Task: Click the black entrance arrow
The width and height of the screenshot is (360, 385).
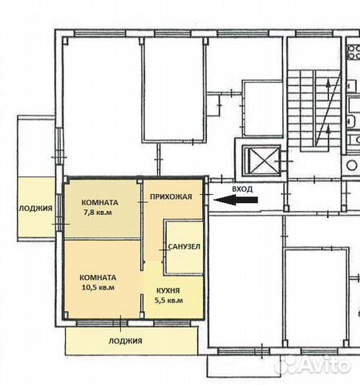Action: click(236, 200)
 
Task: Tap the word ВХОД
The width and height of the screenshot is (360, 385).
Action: click(242, 189)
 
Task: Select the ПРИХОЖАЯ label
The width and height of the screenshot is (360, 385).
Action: click(171, 197)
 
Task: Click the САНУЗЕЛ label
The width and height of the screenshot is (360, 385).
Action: click(184, 246)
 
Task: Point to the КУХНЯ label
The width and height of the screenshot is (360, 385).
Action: click(168, 290)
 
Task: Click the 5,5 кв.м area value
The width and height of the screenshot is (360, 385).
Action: click(168, 300)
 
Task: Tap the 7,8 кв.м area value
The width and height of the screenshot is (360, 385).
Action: click(98, 213)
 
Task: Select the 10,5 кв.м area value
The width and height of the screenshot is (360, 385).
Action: click(98, 287)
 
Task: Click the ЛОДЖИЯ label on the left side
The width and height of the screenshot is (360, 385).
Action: click(35, 209)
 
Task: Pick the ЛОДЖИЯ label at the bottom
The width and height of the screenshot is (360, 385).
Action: click(125, 341)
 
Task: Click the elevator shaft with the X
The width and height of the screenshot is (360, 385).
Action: click(261, 160)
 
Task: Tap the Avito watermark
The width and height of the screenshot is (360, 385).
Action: click(313, 365)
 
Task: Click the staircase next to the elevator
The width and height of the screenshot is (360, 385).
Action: click(313, 108)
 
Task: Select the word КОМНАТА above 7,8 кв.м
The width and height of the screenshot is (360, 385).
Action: click(99, 202)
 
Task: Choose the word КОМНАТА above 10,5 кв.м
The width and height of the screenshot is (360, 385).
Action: click(98, 278)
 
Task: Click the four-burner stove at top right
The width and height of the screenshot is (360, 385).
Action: click(354, 52)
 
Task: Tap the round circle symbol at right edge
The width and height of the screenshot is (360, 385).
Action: click(352, 165)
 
